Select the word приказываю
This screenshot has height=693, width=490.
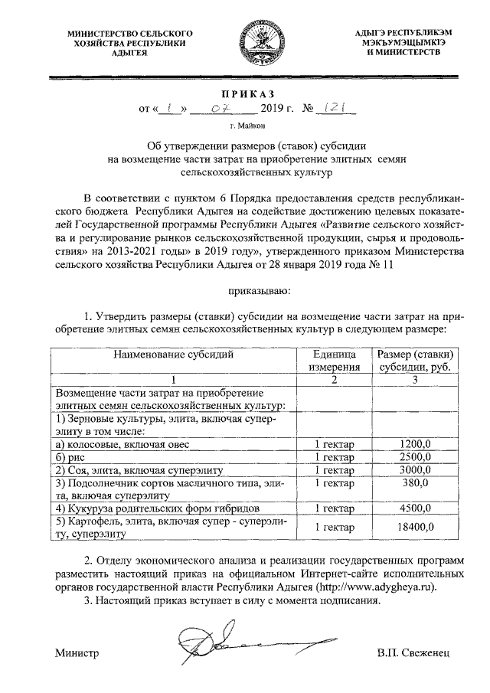coord(257,291)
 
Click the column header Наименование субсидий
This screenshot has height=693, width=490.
coord(173,355)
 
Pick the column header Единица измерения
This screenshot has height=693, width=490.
coord(333,361)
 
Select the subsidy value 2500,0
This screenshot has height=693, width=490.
coord(416,456)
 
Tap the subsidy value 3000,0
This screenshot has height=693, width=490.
coord(416,469)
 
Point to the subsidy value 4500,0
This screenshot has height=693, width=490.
coord(416,508)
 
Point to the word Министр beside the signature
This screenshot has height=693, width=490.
coord(77,653)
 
